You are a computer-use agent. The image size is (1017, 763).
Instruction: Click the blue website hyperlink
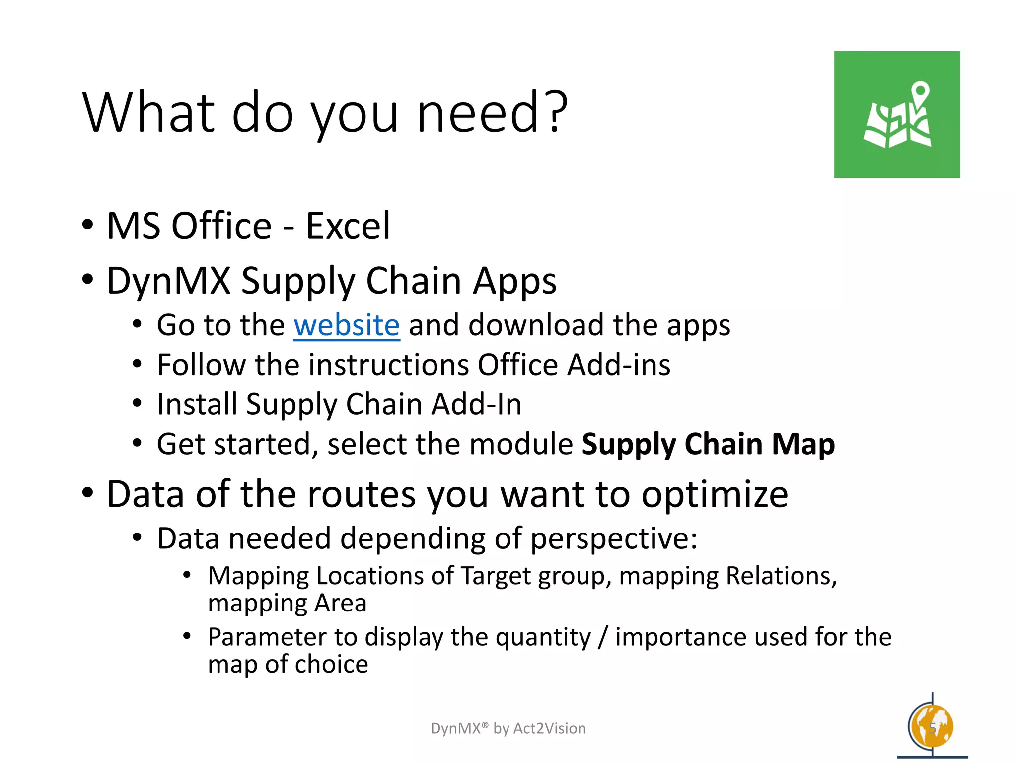point(346,326)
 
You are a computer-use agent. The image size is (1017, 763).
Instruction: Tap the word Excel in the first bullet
point(348,226)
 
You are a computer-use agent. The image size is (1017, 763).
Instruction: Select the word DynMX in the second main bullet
point(169,281)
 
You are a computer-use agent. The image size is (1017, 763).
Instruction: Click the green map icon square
point(897,114)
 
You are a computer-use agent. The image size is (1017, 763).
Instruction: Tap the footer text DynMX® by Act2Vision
point(508,728)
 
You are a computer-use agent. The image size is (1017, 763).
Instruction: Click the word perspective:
point(614,538)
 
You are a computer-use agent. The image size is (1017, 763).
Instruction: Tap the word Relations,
point(781,576)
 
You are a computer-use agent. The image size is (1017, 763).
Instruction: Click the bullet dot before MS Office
point(88,225)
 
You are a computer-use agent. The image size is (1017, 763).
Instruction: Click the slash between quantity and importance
point(603,637)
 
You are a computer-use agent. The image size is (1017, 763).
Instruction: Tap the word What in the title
point(149,113)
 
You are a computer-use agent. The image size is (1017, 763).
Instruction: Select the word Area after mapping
point(340,604)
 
